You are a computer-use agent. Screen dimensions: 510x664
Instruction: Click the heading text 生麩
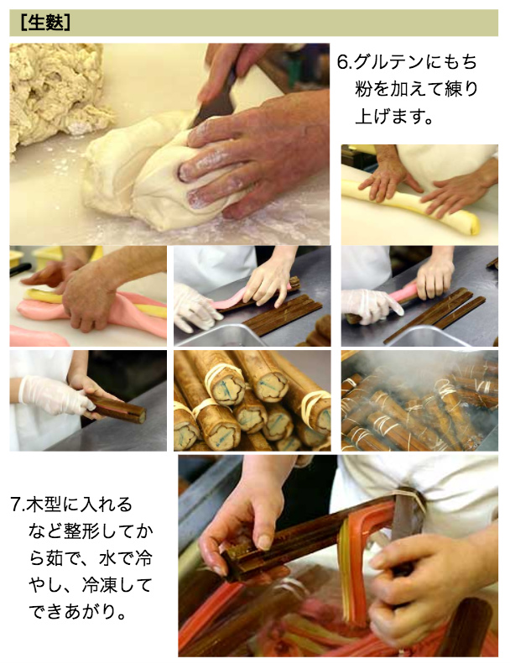[x=45, y=23]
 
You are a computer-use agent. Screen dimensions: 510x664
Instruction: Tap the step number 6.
[x=344, y=62]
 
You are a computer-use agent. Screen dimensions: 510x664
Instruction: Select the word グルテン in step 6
[x=384, y=62]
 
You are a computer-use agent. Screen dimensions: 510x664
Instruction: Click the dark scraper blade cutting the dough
[x=216, y=97]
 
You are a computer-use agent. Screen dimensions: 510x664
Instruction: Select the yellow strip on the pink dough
[x=93, y=301]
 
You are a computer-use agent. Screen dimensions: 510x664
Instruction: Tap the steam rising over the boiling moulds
[x=406, y=373]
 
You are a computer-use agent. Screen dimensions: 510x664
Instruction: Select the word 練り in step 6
[x=461, y=89]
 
